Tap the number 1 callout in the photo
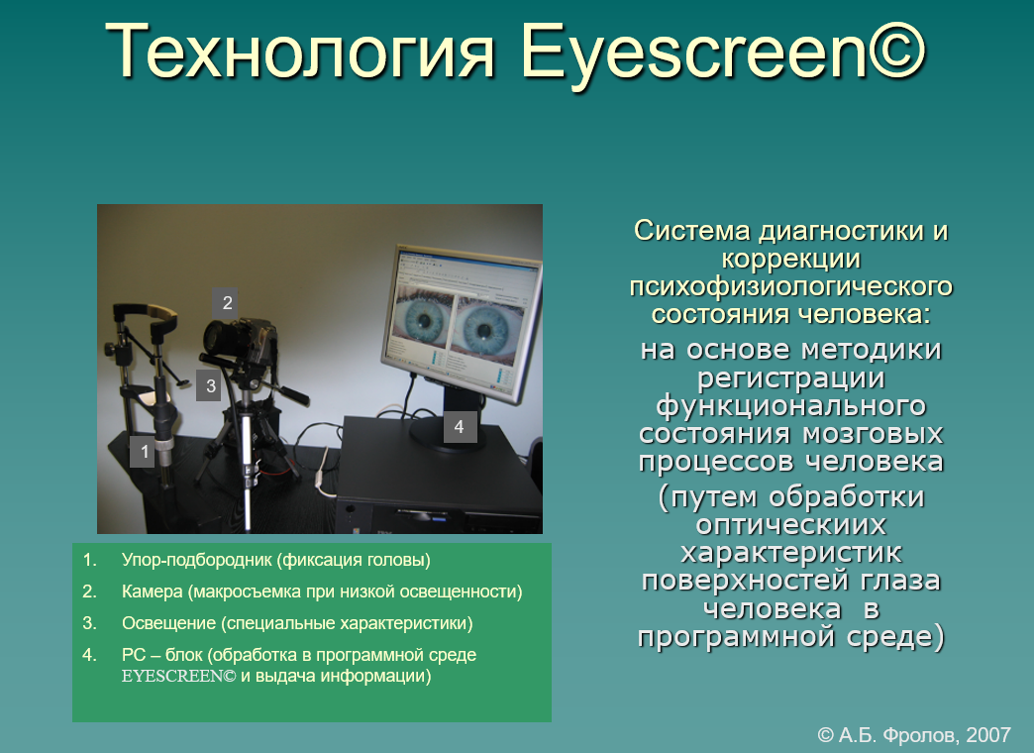143,452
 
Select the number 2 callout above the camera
226,303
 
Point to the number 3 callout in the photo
209,385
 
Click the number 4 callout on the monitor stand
460,427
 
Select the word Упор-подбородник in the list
196,561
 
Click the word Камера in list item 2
153,592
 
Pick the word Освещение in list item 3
168,623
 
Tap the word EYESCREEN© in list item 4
178,677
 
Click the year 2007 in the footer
987,734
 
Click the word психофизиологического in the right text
790,287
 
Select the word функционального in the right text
790,406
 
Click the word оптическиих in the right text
790,525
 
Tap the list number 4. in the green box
89,655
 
